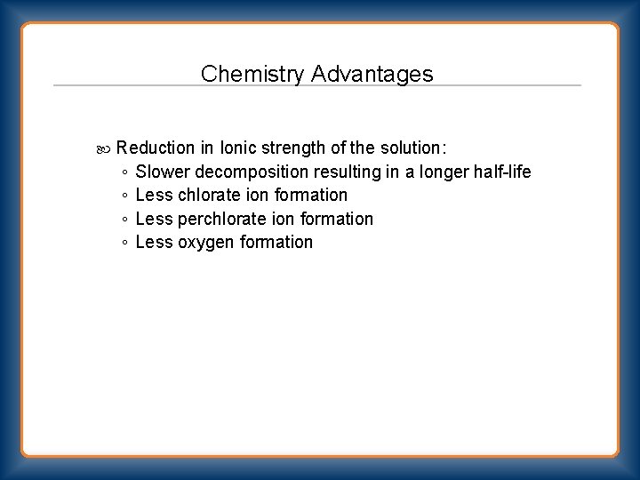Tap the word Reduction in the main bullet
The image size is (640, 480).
coord(155,148)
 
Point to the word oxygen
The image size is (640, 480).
coord(207,243)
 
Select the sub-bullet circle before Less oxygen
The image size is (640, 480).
coord(125,244)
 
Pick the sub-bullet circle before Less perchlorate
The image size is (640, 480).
coord(125,220)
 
